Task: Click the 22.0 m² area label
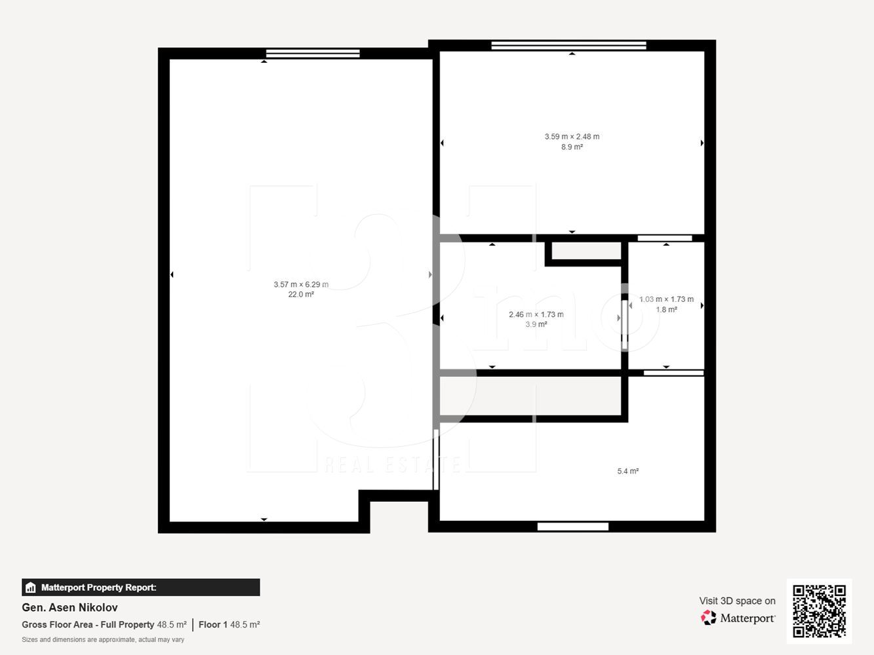301,294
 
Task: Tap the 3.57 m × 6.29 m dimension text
301,284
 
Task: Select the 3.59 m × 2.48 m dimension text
572,136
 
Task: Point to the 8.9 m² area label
572,147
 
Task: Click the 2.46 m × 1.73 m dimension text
536,314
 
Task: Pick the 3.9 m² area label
536,324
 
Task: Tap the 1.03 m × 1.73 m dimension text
666,299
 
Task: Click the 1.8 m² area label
667,309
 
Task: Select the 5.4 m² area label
628,471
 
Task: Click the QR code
819,611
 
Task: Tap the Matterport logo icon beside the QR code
708,618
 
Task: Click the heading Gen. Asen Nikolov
70,608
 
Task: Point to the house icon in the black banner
31,588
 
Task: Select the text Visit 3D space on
737,601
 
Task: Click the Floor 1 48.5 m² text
229,625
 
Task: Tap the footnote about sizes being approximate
103,639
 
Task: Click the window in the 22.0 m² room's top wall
313,53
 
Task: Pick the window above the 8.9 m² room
568,45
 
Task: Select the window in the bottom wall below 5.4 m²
573,527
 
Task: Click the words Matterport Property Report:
99,588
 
